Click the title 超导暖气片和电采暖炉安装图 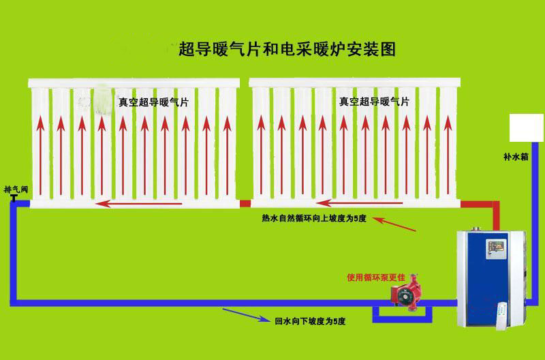coord(287,49)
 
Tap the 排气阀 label coord(16,190)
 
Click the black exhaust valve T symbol coord(14,198)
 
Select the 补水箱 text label coord(516,157)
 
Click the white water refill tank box coord(526,127)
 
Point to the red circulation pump coord(406,293)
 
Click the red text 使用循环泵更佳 coord(376,277)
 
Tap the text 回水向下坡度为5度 coord(310,321)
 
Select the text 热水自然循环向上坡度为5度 coord(314,218)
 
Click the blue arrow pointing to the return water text coord(246,314)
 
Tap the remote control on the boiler coord(501,316)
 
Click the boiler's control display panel coord(496,248)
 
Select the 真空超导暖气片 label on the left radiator coord(153,102)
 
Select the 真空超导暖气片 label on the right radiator coord(374,102)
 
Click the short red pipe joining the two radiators coord(245,203)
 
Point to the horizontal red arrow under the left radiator coord(139,203)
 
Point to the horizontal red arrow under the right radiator coord(360,202)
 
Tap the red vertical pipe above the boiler coord(497,215)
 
